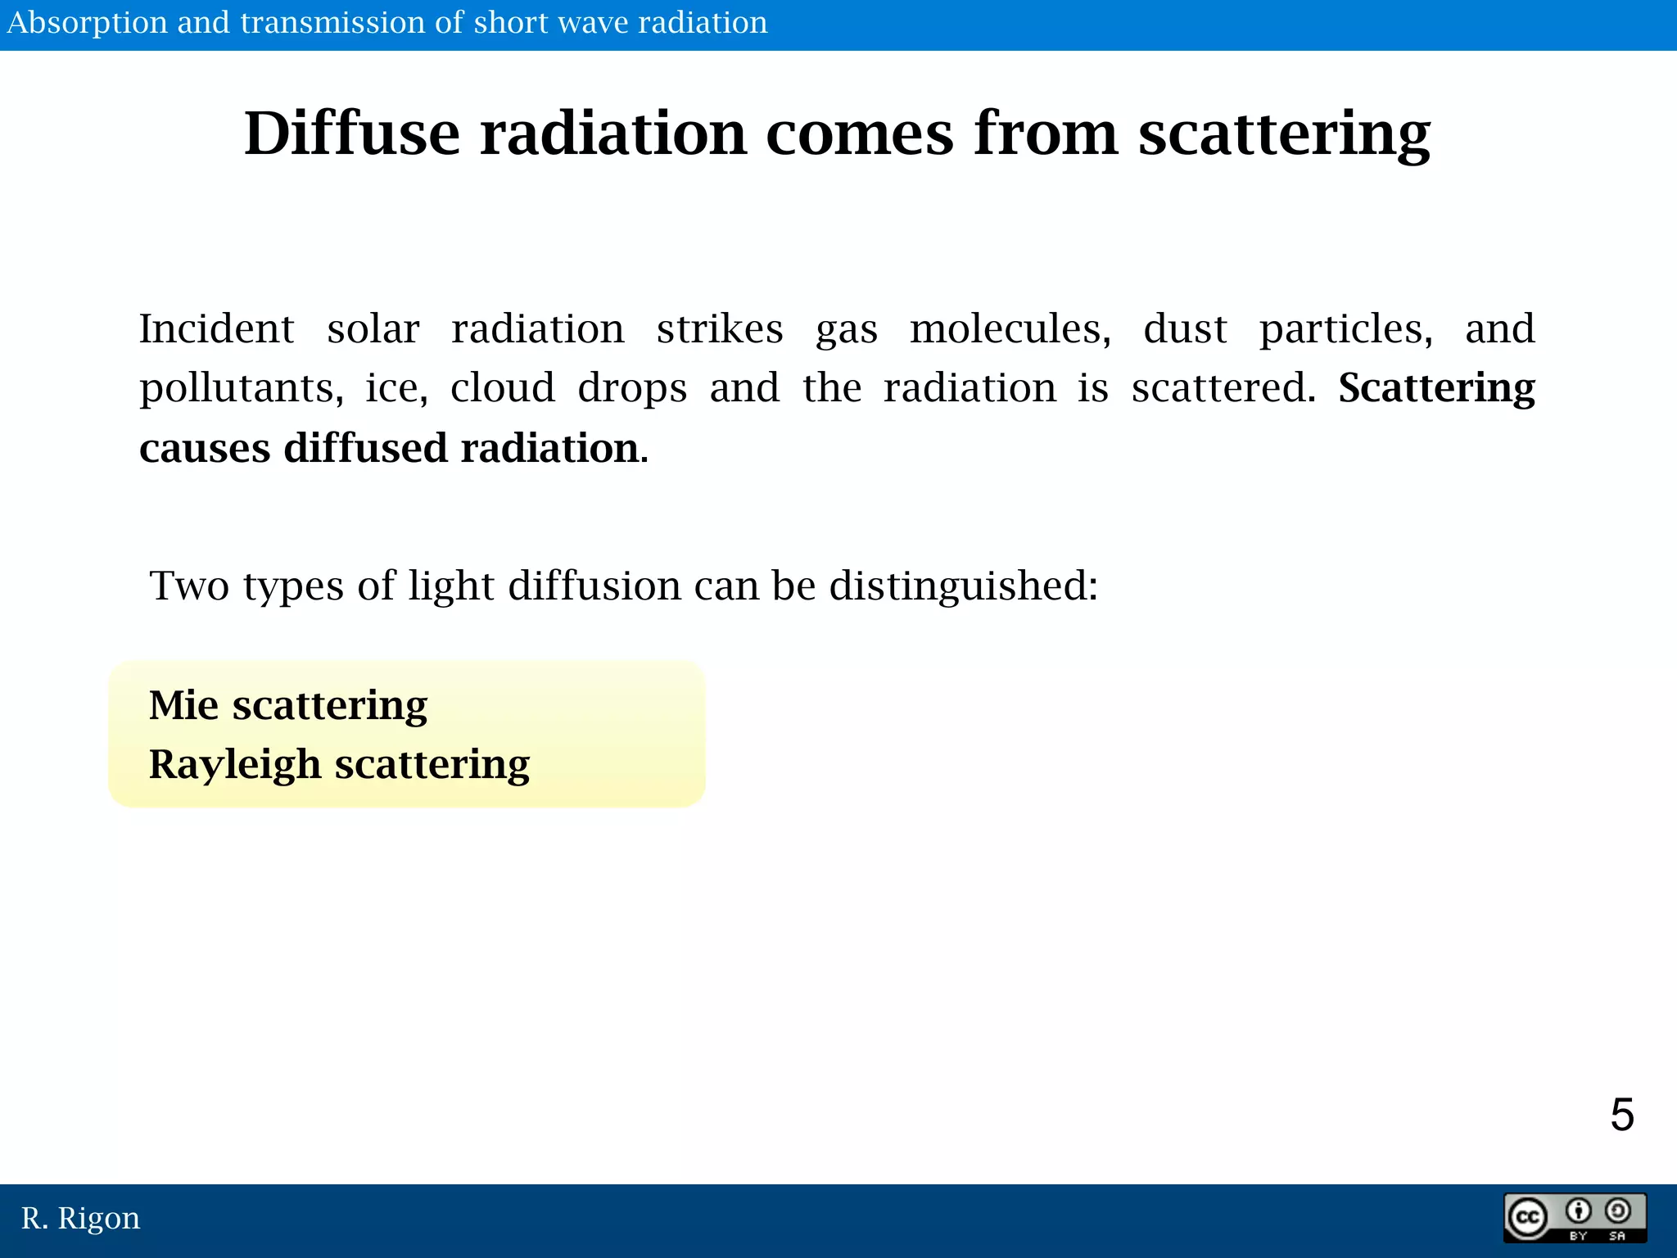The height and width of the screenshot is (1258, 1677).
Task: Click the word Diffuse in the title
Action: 352,133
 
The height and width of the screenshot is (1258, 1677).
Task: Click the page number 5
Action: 1621,1115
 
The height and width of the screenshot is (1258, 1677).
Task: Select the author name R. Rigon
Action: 80,1219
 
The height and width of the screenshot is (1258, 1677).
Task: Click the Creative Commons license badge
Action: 1574,1219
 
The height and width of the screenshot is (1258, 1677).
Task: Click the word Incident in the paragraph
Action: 216,329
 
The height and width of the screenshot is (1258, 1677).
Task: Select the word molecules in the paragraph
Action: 1010,329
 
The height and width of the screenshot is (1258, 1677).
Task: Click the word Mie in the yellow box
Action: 183,705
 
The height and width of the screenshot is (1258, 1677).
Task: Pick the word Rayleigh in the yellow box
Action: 234,765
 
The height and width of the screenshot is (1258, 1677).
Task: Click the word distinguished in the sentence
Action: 963,586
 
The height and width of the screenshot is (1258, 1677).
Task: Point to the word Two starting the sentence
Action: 189,586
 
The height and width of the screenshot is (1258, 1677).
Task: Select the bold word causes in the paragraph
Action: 205,449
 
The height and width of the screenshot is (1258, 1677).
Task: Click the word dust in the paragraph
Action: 1184,329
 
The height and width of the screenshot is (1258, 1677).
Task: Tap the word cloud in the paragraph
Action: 502,388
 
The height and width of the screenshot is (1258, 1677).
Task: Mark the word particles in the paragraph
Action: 1345,329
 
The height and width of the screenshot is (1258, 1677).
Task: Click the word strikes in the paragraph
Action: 719,329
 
